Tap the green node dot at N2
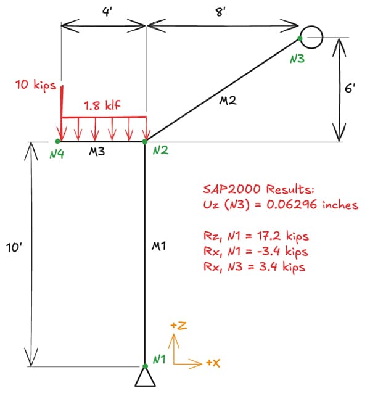145,141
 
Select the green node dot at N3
300,38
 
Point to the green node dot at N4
58,141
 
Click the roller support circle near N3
312,36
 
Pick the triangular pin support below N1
145,376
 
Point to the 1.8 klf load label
102,105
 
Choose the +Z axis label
177,325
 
